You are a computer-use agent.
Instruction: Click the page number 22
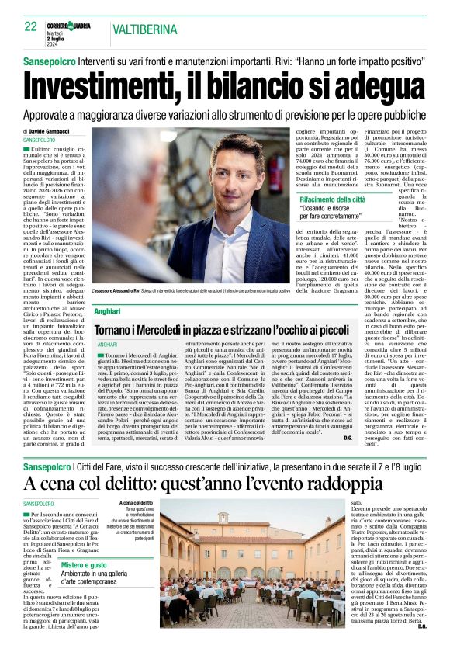30,26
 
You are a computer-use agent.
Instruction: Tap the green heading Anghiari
108,310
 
